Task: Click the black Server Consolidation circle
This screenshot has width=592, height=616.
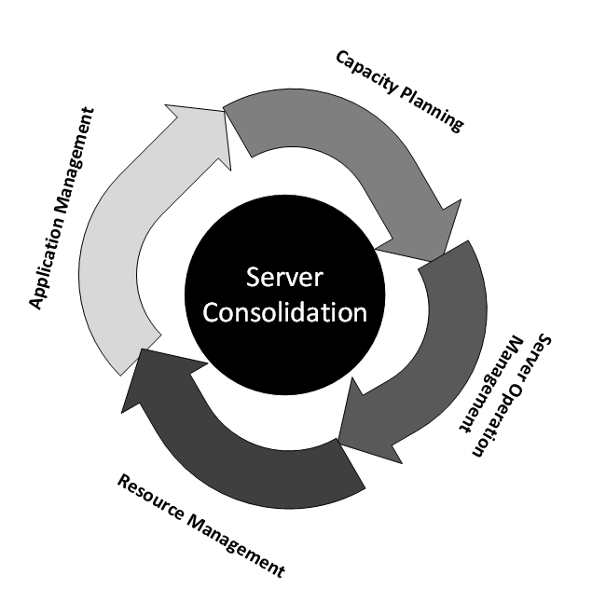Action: click(284, 294)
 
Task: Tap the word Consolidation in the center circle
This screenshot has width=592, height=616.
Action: click(284, 310)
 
